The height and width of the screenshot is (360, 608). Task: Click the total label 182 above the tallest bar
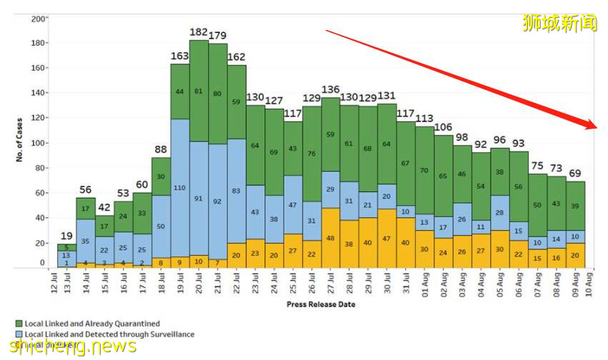tap(199, 32)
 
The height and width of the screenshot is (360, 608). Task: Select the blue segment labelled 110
tap(180, 187)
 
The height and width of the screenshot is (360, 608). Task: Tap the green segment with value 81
tap(199, 91)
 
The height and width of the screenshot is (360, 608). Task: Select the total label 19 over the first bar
tap(66, 236)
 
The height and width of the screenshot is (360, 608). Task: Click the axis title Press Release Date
tap(321, 304)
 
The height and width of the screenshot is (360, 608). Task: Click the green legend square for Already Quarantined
tap(19, 324)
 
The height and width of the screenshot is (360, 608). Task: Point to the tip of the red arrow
tap(596, 128)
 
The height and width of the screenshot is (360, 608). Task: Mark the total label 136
tap(331, 89)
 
